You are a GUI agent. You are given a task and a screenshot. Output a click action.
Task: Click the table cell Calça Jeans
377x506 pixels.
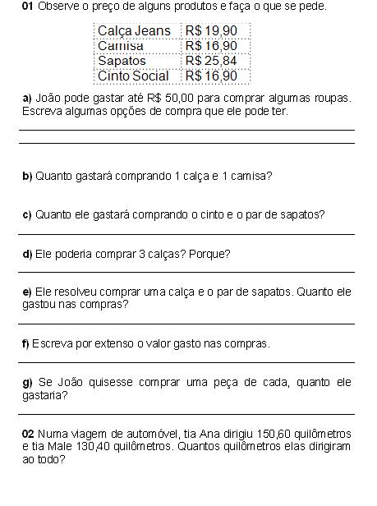tap(134, 30)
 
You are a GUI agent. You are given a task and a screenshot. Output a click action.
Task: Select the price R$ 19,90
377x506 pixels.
tap(211, 30)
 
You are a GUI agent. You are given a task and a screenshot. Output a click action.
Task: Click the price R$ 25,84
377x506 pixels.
tap(211, 61)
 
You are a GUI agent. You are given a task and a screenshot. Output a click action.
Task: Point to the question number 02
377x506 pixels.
tap(29, 434)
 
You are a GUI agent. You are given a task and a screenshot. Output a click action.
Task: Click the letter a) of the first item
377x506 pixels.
tap(27, 99)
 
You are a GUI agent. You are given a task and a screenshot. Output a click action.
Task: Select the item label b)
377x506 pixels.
tap(27, 176)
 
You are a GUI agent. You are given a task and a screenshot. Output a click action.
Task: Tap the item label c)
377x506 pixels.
tap(27, 214)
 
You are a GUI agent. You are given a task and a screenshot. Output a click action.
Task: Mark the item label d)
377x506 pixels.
tap(27, 254)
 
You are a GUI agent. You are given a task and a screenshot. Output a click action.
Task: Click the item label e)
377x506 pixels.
tap(27, 292)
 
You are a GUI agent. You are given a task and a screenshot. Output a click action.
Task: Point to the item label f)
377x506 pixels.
tap(25, 343)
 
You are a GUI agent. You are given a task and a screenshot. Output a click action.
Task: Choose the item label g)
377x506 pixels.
tap(27, 382)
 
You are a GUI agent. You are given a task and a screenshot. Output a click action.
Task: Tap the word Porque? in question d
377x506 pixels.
tap(209, 254)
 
